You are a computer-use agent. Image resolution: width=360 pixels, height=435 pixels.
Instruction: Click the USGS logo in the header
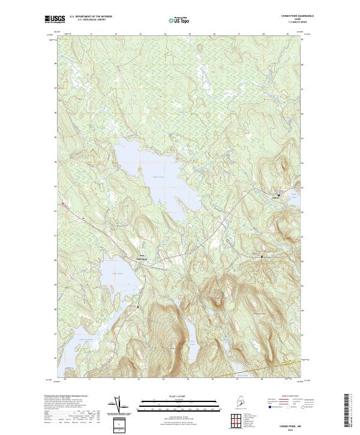click(54, 20)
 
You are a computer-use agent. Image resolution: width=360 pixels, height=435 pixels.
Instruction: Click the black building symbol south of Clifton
click(262, 256)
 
